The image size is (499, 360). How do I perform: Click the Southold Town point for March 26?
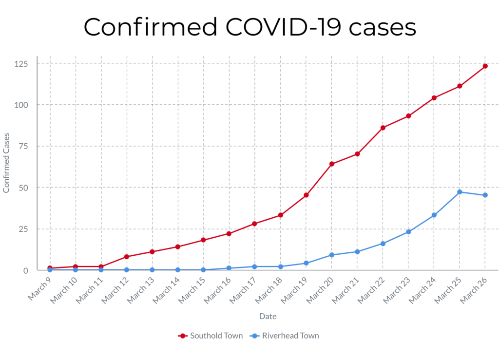[x=485, y=66]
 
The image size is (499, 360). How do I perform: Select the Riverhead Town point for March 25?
[x=460, y=192]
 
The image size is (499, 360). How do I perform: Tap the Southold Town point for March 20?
[x=332, y=164]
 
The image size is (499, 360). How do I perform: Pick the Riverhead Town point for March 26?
[x=485, y=195]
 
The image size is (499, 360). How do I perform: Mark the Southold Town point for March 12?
[x=127, y=257]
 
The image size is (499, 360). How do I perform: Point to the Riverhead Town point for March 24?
[x=434, y=215]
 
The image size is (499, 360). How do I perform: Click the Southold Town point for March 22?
[x=383, y=128]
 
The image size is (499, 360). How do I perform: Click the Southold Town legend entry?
[x=211, y=336]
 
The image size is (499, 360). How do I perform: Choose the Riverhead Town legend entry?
[x=285, y=336]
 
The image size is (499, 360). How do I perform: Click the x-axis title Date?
[x=268, y=316]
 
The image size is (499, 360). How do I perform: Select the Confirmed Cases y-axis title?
[x=6, y=162]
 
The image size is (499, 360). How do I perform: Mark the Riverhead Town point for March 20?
[x=332, y=255]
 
